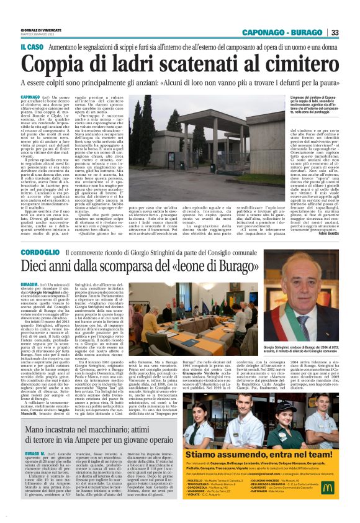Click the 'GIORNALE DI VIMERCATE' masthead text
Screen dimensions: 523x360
pyautogui.click(x=38, y=29)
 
